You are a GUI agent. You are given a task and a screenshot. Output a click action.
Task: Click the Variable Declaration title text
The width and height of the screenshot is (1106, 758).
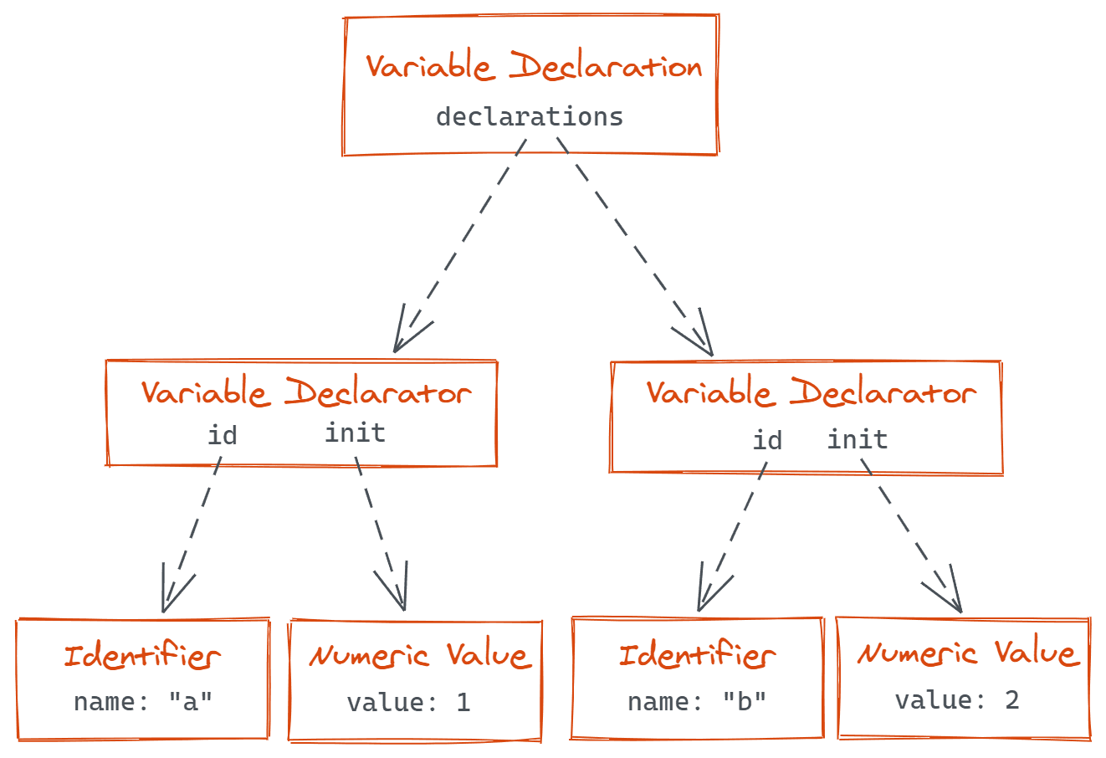coord(533,67)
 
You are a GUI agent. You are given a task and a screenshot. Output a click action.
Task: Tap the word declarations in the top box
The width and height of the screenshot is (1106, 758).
coord(530,116)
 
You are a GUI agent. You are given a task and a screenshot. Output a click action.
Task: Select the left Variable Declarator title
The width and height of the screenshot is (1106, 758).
coord(306,392)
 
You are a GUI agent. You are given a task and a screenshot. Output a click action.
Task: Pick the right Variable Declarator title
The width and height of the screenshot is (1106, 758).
coord(811,392)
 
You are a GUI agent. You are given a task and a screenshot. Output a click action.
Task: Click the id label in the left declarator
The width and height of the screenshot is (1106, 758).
coord(223,435)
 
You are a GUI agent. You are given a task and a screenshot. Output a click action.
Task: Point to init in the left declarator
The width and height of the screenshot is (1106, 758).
coord(355,433)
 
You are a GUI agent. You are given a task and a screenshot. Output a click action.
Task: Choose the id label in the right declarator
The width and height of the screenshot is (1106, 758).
coord(767,440)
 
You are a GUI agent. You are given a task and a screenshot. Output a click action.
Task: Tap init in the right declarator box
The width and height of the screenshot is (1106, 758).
coord(858,439)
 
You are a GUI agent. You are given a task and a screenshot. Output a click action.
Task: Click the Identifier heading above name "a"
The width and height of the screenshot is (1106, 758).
coord(142,657)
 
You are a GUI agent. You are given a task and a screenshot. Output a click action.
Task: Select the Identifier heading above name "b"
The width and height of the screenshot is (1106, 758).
coord(697,655)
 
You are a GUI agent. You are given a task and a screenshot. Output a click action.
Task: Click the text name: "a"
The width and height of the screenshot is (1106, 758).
coord(143,701)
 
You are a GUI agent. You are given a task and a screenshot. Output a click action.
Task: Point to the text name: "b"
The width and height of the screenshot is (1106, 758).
coord(697,701)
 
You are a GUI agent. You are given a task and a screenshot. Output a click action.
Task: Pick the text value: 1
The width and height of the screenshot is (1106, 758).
coord(408,702)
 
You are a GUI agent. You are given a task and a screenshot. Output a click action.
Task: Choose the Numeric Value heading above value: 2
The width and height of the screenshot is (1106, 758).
coord(967,653)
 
